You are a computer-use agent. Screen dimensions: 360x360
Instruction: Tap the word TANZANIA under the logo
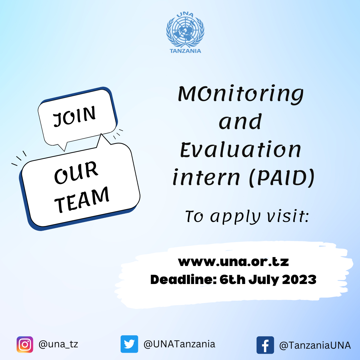pos(185,51)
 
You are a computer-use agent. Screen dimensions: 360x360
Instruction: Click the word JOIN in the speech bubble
pos(74,116)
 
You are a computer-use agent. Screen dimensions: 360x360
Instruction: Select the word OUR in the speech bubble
pos(76,172)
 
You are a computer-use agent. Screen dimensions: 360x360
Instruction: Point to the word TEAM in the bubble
pos(82,200)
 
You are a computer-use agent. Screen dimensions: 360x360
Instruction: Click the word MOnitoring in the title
pos(241,94)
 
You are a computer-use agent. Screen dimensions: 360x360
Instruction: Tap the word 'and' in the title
pos(240,121)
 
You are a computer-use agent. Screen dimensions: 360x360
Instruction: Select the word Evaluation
pos(240,149)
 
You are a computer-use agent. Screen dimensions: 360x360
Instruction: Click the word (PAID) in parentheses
pos(282,177)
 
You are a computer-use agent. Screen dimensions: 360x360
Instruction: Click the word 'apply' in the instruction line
pos(235,217)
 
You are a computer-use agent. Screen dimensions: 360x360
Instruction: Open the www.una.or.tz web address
pos(233,262)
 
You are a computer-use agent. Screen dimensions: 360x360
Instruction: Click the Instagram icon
pos(25,345)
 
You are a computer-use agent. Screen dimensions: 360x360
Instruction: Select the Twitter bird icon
pos(129,344)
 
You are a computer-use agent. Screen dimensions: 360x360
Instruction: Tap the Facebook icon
pos(265,345)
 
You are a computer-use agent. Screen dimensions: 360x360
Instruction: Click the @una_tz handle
pos(58,344)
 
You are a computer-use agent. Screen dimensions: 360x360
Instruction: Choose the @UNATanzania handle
pos(179,344)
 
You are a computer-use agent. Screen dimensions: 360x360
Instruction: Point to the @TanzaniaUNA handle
pos(315,345)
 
